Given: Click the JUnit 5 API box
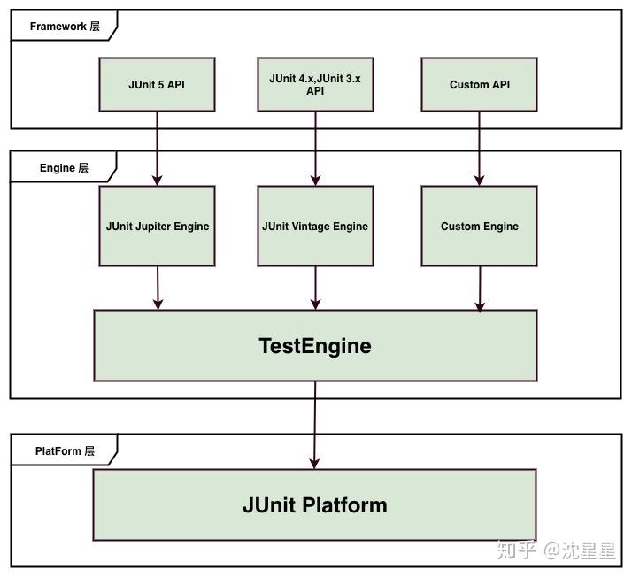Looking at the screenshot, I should pos(157,85).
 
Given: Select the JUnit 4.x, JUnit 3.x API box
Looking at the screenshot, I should pos(315,85).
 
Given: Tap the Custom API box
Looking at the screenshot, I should pos(479,85).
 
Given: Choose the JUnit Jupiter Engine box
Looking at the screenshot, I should pos(157,226).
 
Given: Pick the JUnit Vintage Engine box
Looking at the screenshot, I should pos(315,226).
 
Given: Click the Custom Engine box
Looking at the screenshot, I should pos(479,226).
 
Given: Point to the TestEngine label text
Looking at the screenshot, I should pos(314,346).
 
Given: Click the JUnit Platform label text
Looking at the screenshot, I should pos(314,505).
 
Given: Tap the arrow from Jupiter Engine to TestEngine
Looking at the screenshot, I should pos(158,288).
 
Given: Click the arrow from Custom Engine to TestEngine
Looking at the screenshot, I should pos(480,288).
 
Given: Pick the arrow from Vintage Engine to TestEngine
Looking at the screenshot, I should pos(315,288).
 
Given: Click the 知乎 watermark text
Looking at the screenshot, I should pos(516,550).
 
